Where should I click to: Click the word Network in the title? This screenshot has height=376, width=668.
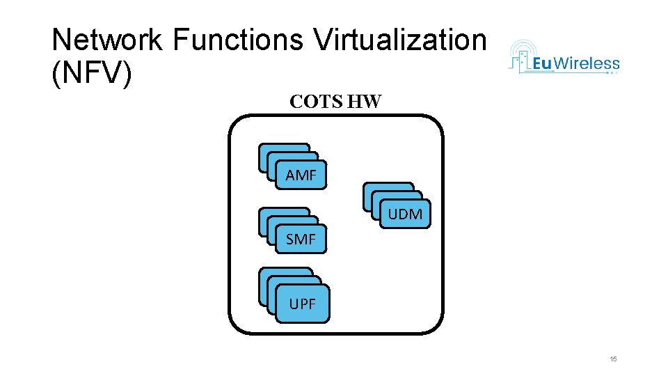click(x=106, y=40)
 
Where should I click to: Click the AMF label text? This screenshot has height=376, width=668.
click(x=301, y=175)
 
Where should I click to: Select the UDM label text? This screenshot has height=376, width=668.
click(x=405, y=214)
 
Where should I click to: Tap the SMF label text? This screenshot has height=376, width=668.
click(x=301, y=240)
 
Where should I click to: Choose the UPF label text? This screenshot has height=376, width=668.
click(x=303, y=304)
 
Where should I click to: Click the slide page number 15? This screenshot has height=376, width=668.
click(x=613, y=359)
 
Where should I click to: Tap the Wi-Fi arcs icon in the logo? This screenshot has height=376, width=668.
click(x=523, y=49)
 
